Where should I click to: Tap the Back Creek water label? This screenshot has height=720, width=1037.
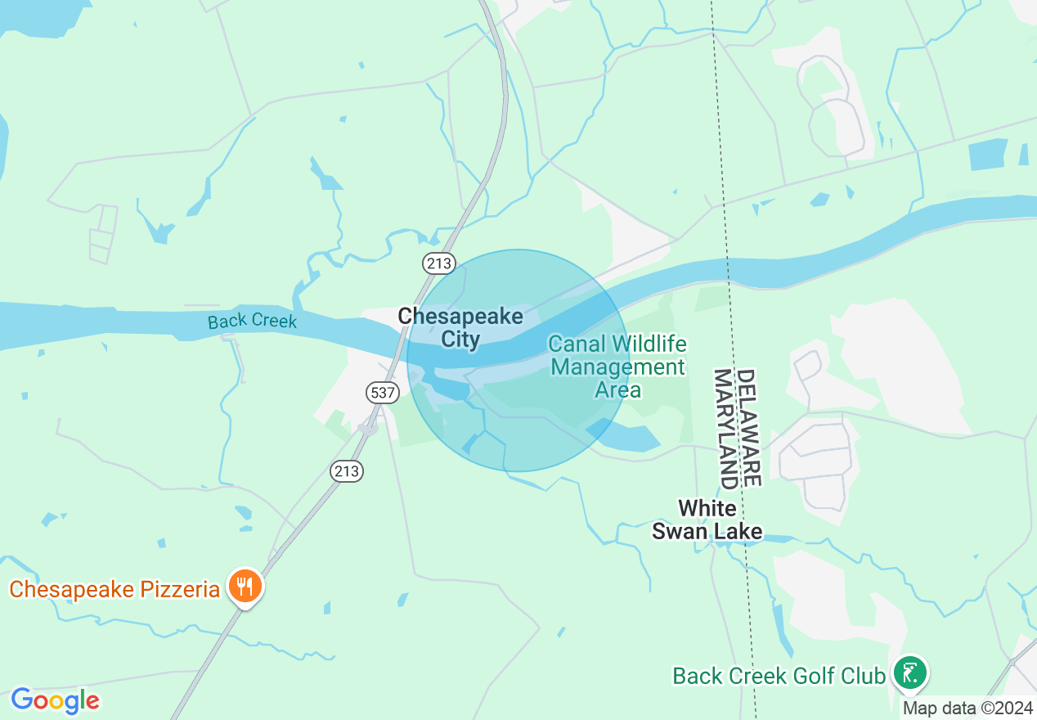252,321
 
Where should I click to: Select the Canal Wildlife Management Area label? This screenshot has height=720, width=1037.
617,367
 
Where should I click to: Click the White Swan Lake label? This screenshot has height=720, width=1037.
707,520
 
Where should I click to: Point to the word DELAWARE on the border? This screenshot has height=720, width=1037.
749,427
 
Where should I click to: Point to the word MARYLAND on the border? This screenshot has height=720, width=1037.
724,428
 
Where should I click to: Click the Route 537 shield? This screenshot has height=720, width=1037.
382,393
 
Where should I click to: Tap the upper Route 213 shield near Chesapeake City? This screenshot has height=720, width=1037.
439,263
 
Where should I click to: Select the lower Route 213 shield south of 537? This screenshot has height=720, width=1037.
347,470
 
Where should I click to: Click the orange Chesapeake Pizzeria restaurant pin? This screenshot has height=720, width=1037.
245,587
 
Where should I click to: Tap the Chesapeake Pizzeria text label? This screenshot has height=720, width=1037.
114,589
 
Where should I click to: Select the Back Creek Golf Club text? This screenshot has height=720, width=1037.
779,676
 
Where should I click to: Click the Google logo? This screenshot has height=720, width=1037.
55,700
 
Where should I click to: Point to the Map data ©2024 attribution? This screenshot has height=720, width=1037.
967,709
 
